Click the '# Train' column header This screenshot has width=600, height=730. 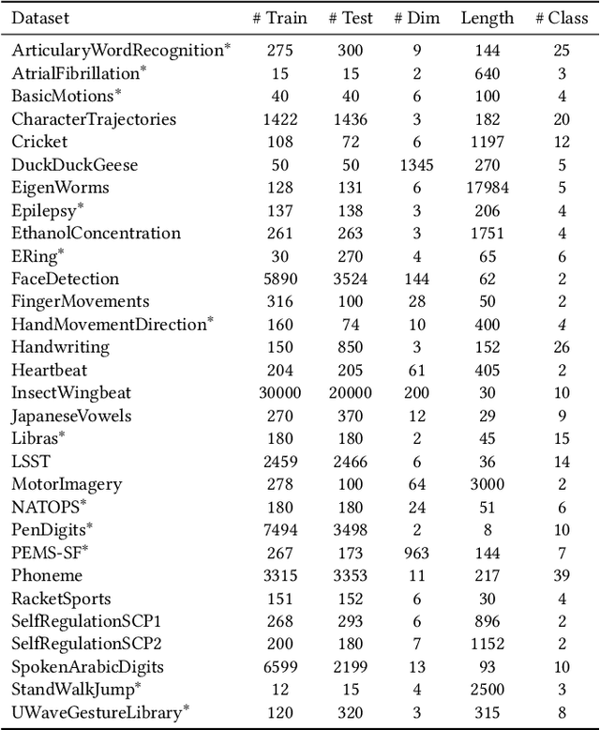point(279,18)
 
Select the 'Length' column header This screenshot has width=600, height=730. point(487,18)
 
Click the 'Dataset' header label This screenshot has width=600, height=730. point(40,18)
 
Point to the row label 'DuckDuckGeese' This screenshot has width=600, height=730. point(74,165)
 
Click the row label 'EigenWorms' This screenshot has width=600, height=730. point(60,188)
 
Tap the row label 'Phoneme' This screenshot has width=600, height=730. point(47,576)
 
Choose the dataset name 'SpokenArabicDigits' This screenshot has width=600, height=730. point(87,667)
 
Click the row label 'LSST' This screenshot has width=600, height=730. point(32,462)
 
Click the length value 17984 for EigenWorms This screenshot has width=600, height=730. point(487,188)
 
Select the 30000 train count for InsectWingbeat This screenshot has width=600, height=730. point(279,393)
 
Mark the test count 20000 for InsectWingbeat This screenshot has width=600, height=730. point(351,393)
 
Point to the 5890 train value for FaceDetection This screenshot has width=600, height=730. point(279,279)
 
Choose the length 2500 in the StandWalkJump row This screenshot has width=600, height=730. point(487,690)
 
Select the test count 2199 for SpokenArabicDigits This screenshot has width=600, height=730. point(351,667)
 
